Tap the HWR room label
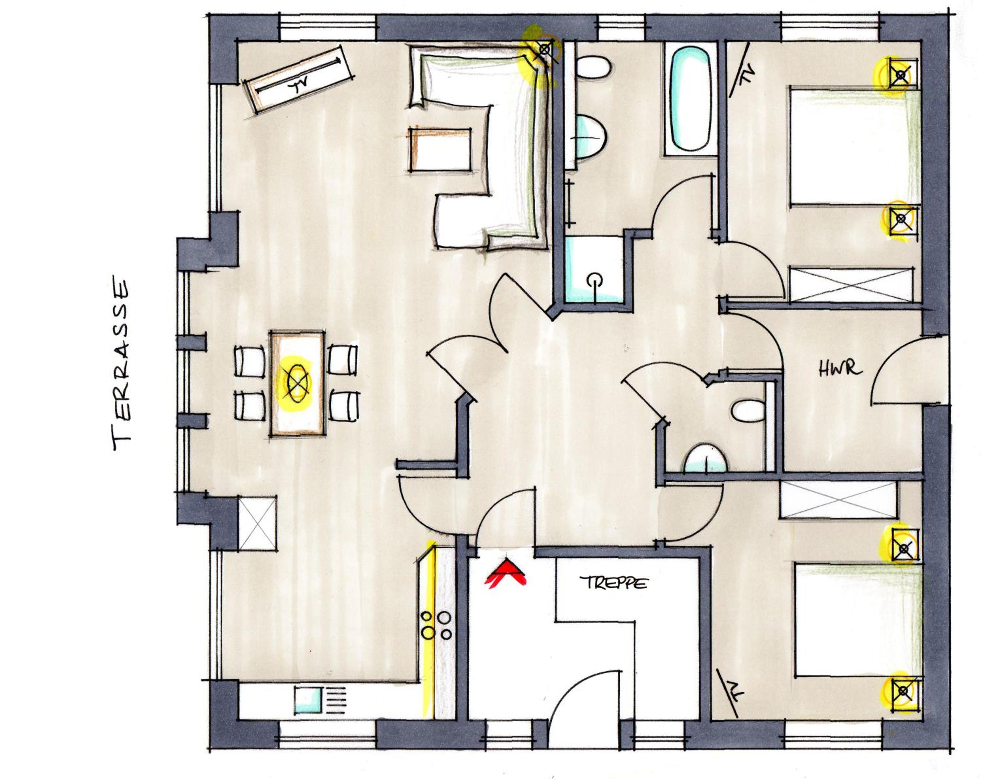(x=840, y=368)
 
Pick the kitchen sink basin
(x=308, y=700)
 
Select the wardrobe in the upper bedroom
(x=851, y=285)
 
